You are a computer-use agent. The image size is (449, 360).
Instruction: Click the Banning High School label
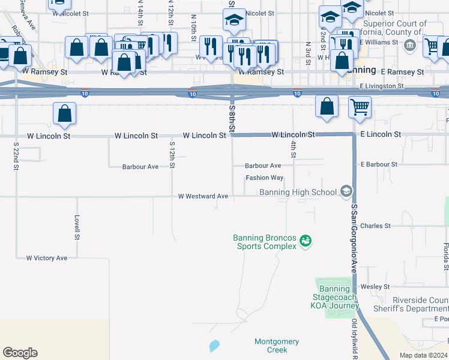298,192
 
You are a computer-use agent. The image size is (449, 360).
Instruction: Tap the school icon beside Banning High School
346,191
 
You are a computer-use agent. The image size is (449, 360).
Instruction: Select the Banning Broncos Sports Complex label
265,242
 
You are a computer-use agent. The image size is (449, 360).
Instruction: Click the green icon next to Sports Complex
306,241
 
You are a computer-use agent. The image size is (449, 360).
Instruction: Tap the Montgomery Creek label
277,346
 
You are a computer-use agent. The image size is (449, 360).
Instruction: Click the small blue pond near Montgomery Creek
214,346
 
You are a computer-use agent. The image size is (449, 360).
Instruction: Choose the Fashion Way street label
264,178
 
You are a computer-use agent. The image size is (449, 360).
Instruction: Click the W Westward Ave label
203,196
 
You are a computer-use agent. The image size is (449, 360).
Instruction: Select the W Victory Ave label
47,258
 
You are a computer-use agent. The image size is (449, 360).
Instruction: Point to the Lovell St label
77,228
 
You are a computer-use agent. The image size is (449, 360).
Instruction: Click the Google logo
20,353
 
